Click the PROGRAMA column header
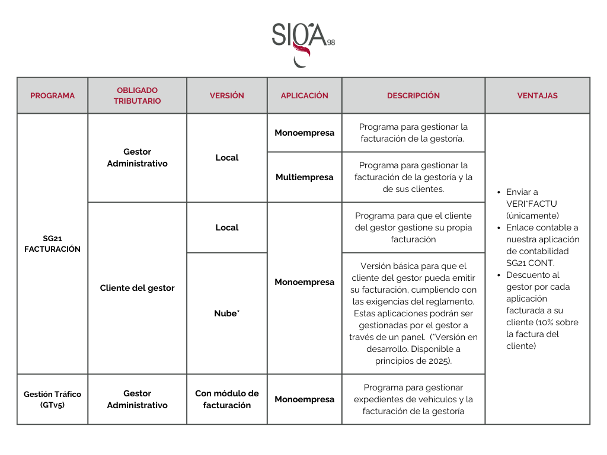point(52,95)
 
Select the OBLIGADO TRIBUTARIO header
point(137,95)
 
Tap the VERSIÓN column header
point(226,95)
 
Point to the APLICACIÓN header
point(304,95)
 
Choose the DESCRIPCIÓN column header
point(413,95)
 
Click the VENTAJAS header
point(537,95)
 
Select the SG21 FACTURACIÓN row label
point(52,243)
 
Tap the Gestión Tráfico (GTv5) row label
point(52,399)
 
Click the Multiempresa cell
point(304,177)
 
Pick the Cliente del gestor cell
point(137,288)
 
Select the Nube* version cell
point(226,313)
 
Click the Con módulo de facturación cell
point(226,399)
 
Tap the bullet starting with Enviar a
point(522,192)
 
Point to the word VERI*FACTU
point(532,204)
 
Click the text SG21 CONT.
point(530,263)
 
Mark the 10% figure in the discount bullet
point(545,322)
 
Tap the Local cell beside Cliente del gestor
point(226,227)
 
